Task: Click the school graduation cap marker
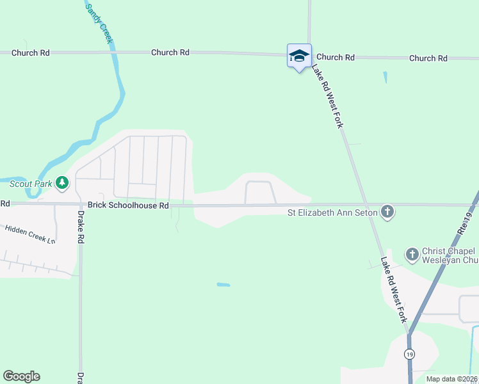tap(299, 56)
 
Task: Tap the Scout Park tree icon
tap(62, 184)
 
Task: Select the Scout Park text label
tap(30, 184)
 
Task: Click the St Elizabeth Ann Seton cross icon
tap(387, 212)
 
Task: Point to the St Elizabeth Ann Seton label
tap(332, 212)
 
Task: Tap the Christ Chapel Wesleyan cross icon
tap(412, 255)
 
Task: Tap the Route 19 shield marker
tap(409, 354)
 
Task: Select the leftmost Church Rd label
tap(31, 53)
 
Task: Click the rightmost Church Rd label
tap(428, 58)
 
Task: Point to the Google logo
tap(21, 376)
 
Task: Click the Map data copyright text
tap(451, 379)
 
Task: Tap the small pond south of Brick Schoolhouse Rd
tap(223, 284)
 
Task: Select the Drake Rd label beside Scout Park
tap(81, 227)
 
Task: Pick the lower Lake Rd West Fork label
tap(393, 289)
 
